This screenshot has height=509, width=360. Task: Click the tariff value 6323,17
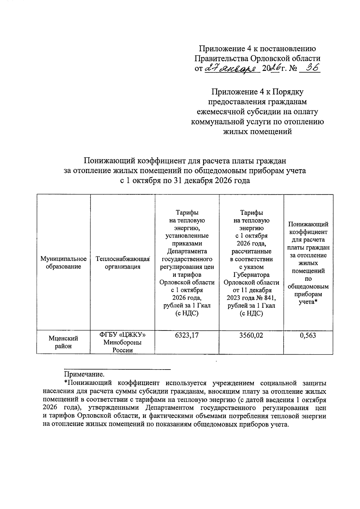pyautogui.click(x=187, y=335)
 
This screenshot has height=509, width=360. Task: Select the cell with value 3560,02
pyautogui.click(x=251, y=335)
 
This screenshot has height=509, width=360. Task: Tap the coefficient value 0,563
pyautogui.click(x=308, y=335)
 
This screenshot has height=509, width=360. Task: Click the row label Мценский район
pyautogui.click(x=63, y=342)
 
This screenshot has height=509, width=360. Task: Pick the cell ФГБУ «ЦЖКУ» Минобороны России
pyautogui.click(x=122, y=342)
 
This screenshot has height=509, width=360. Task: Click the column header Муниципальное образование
pyautogui.click(x=63, y=263)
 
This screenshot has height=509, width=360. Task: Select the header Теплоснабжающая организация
pyautogui.click(x=122, y=263)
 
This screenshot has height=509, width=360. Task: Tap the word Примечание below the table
pyautogui.click(x=84, y=374)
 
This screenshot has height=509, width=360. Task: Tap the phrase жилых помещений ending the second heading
pyautogui.click(x=258, y=132)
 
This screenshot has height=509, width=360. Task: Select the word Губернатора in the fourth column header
pyautogui.click(x=251, y=275)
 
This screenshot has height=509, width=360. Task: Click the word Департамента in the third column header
pyautogui.click(x=187, y=251)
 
